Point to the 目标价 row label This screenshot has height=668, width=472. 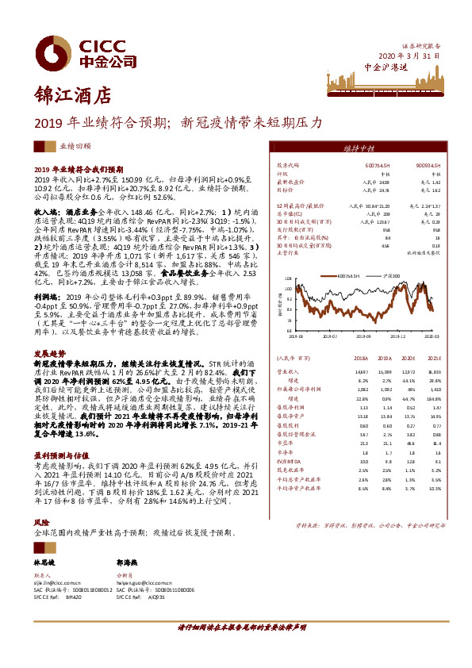click(284, 190)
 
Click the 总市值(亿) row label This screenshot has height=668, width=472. click(286, 213)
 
